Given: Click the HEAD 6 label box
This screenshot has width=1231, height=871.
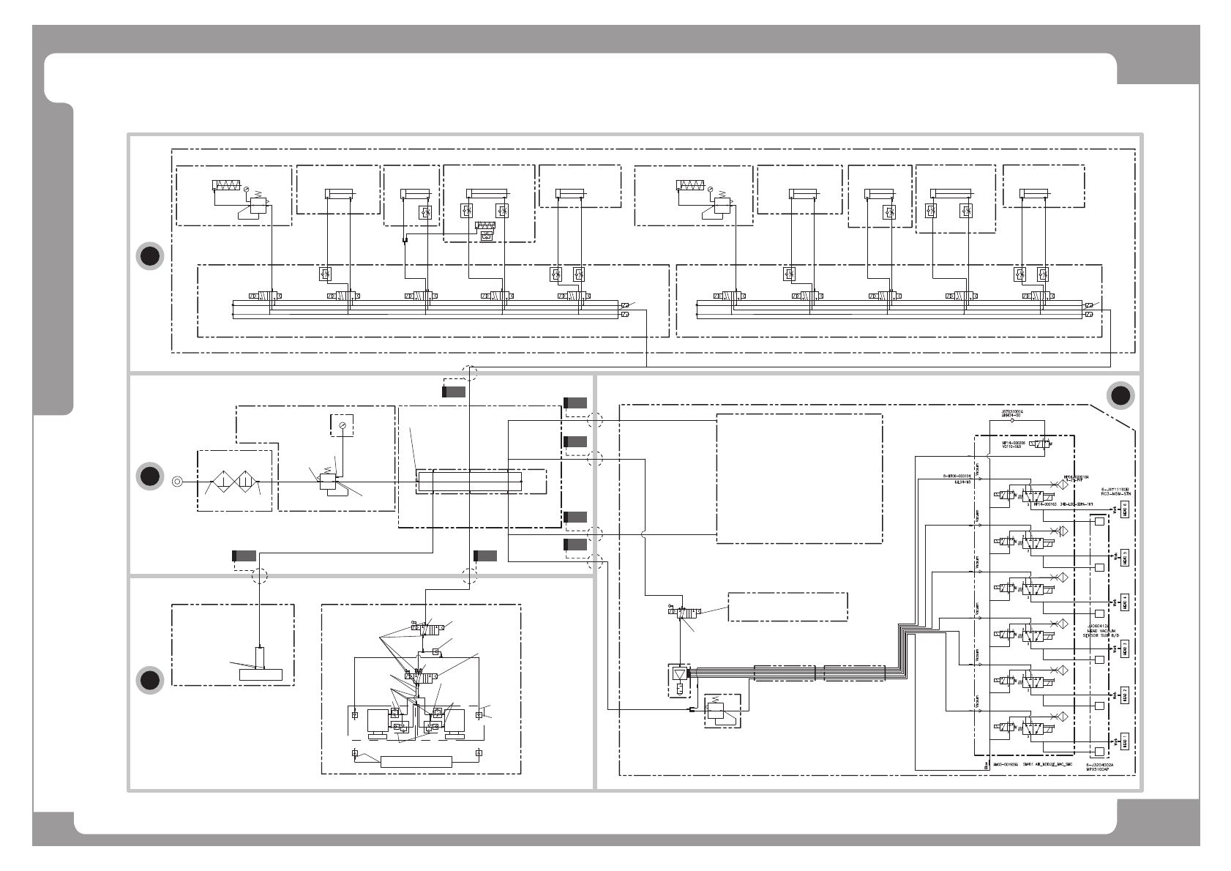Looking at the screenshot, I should point(1125,509).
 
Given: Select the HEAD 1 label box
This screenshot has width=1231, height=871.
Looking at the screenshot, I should point(1125,741).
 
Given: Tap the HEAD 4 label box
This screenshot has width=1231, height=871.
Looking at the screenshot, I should point(1125,602).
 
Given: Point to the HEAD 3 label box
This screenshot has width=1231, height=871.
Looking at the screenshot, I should point(1125,648).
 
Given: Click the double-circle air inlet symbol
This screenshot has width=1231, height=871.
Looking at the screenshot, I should point(177,482).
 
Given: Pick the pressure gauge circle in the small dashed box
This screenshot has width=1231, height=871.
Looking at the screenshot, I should point(342,425).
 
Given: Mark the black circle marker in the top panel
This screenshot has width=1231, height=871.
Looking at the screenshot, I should point(150,256).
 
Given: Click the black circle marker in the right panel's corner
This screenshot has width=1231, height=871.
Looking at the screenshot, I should point(1120,396).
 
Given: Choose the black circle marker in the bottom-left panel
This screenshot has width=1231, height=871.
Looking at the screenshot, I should point(150,680).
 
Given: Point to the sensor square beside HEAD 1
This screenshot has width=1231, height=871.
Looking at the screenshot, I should point(1099,752).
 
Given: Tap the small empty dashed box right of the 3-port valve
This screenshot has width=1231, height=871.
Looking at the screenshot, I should point(787,607).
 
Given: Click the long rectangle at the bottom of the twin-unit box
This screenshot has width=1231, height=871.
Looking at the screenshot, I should point(416,762).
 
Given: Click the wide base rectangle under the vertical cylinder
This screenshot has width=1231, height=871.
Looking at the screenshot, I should point(261,674).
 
